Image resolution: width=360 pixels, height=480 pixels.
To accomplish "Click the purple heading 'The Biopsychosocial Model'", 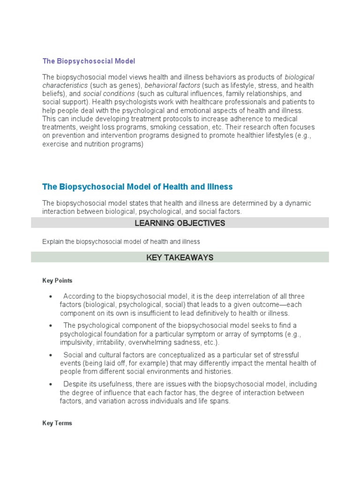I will (x=89, y=61).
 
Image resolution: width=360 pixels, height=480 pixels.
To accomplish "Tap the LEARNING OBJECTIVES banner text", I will (x=180, y=223).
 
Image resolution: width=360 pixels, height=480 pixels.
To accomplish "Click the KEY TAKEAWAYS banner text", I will (x=180, y=257).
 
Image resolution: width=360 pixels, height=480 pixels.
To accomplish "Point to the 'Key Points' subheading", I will (x=57, y=280).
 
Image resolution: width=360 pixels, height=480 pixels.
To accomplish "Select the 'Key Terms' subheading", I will (x=57, y=423).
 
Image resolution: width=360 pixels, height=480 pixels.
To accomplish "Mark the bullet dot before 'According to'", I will (x=50, y=296).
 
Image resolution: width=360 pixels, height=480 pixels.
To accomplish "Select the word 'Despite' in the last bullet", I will (x=75, y=384).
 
